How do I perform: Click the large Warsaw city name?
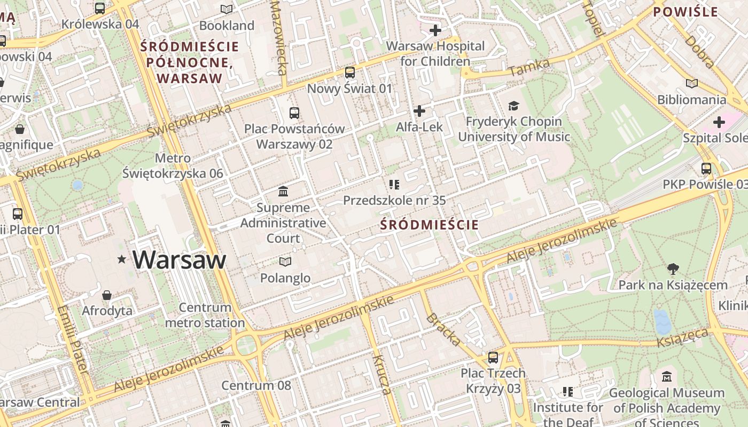click(180, 260)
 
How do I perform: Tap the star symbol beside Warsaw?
click(122, 259)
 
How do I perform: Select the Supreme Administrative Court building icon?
click(283, 191)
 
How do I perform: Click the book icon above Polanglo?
click(285, 262)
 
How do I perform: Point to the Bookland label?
click(227, 26)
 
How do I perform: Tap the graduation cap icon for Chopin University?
click(513, 106)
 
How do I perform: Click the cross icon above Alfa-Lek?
click(419, 111)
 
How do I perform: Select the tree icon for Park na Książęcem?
click(673, 269)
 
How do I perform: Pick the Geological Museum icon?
click(666, 377)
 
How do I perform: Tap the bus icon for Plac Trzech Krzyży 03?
click(493, 357)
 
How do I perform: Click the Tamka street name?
click(529, 67)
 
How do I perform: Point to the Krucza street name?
click(383, 374)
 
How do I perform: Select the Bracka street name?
click(443, 329)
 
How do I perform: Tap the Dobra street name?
click(699, 52)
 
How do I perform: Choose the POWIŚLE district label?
click(685, 12)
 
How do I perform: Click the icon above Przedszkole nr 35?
click(394, 185)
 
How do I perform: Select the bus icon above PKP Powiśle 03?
click(706, 169)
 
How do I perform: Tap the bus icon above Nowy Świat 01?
click(350, 72)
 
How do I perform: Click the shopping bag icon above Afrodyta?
click(107, 295)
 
